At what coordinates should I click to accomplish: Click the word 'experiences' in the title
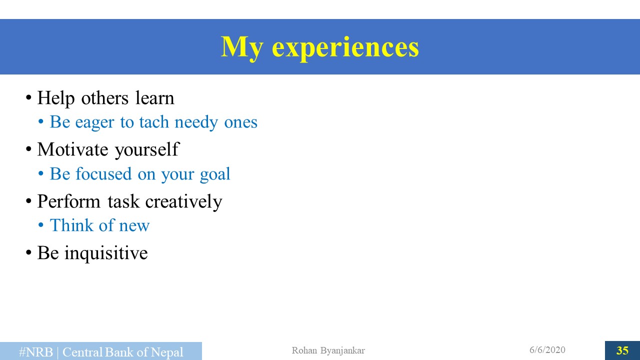click(345, 48)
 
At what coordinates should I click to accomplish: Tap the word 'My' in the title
click(241, 48)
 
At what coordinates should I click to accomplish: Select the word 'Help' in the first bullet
click(56, 98)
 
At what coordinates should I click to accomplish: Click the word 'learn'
click(154, 98)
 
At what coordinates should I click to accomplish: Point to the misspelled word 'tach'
click(154, 122)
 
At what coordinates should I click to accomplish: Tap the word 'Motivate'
click(72, 149)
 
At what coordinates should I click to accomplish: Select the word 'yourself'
click(147, 150)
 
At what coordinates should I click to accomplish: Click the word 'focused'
click(103, 173)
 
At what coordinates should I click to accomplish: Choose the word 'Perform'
click(69, 201)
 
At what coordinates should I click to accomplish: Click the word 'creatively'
click(183, 202)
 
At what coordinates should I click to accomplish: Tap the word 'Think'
click(71, 225)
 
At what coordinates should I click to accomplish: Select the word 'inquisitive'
click(106, 253)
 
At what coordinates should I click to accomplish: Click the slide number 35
click(622, 350)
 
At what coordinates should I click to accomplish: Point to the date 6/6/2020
click(547, 350)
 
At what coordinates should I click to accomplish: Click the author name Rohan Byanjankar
click(328, 350)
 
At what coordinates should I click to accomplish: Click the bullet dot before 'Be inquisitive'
click(28, 253)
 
